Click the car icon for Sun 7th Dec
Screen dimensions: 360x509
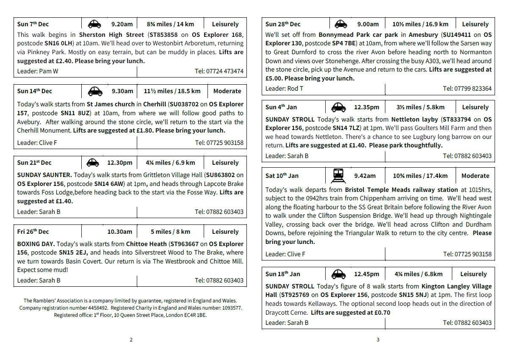coord(94,24)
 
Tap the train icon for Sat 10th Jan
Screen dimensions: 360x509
coord(338,175)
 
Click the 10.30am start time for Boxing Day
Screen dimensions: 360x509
coord(119,232)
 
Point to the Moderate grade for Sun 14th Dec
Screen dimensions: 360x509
coord(227,91)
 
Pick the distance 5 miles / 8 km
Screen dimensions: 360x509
coord(170,232)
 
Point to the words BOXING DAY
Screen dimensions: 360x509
coord(36,244)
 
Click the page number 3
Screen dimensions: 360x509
coord(378,339)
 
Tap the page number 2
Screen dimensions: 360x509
coord(131,339)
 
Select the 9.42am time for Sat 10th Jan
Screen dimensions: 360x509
coord(365,176)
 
